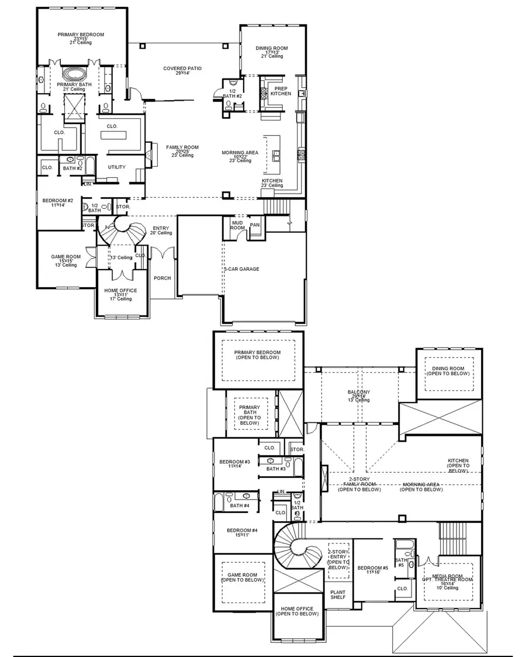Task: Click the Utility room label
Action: [x=116, y=167]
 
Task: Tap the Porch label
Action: [x=162, y=278]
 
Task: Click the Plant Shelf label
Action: [x=338, y=594]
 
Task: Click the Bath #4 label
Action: [x=240, y=505]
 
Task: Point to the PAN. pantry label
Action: [x=255, y=224]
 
